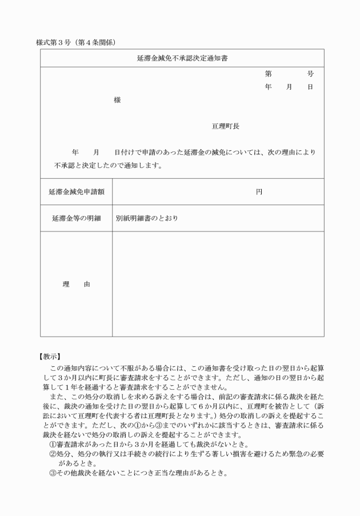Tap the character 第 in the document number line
click(268, 74)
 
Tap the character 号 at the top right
click(310, 74)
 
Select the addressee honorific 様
click(117, 100)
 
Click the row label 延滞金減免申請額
click(76, 193)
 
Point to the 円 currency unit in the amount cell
click(259, 193)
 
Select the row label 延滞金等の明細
click(76, 218)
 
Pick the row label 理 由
click(76, 284)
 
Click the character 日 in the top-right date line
click(310, 87)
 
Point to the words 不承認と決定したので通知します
click(109, 166)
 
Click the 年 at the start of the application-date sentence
click(75, 153)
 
